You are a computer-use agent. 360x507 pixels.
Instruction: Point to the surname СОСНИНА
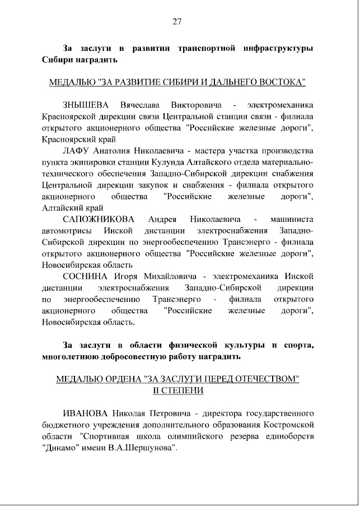click(85, 276)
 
